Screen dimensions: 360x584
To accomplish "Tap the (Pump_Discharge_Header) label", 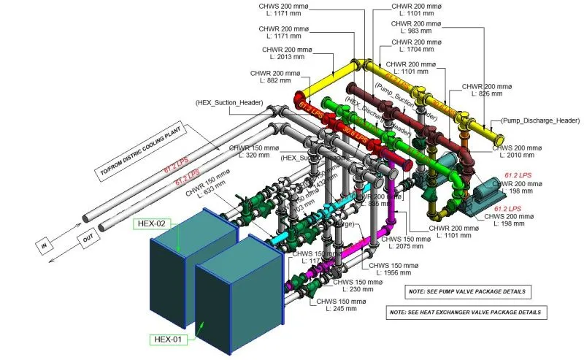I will (539, 120).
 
